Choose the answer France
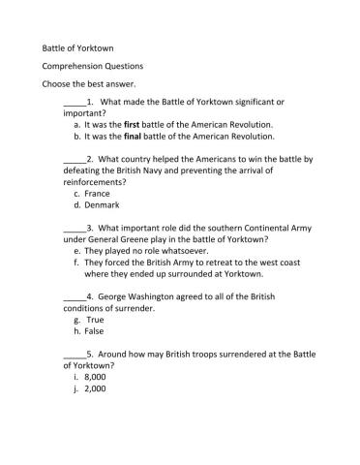[97, 193]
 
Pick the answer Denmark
[102, 205]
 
